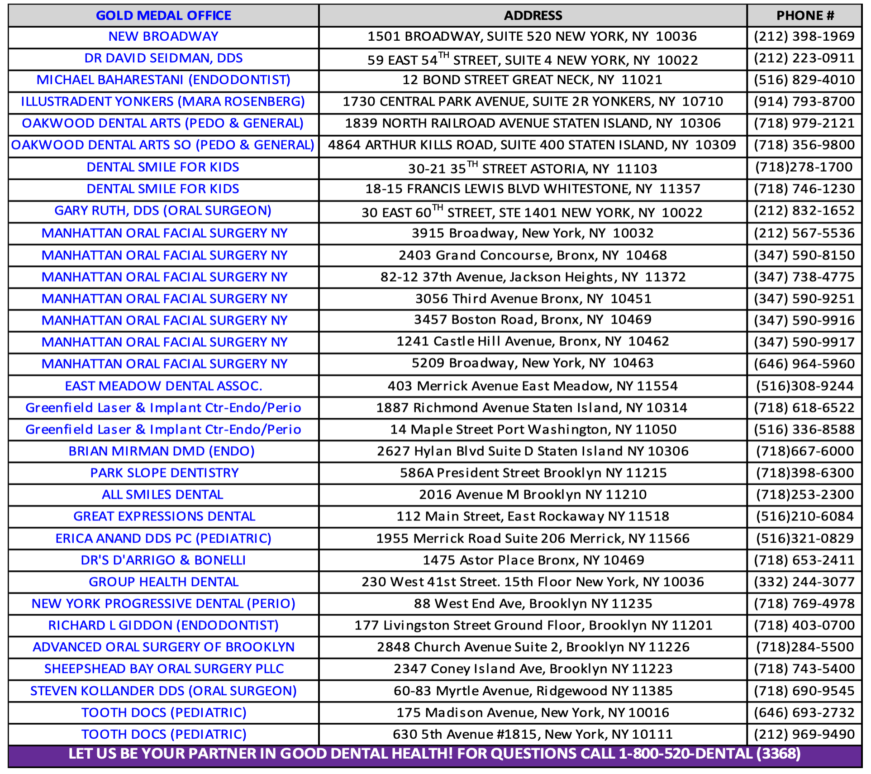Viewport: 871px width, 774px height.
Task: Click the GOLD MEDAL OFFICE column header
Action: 163,15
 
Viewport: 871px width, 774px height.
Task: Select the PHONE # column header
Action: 805,15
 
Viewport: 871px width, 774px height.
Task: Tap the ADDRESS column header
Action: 533,15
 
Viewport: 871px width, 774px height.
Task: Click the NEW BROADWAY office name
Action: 163,37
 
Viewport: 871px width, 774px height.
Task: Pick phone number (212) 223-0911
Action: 804,58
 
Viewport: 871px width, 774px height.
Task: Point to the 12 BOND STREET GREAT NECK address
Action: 532,80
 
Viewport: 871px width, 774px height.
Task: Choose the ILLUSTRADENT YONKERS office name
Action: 163,102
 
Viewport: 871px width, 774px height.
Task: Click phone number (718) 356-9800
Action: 804,145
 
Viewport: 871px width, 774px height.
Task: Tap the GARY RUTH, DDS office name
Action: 163,211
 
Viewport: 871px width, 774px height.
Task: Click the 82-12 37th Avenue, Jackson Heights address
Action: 533,277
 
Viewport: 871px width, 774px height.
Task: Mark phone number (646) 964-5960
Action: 804,364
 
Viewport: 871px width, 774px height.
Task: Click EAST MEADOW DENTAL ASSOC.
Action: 163,386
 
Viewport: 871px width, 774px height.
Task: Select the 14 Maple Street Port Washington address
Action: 533,430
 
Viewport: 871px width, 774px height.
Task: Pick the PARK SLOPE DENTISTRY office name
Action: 164,473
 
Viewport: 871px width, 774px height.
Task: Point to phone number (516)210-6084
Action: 804,516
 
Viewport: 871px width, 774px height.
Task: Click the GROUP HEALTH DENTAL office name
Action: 163,582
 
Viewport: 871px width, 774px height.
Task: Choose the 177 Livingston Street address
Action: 533,626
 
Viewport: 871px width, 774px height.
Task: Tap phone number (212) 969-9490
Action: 804,734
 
